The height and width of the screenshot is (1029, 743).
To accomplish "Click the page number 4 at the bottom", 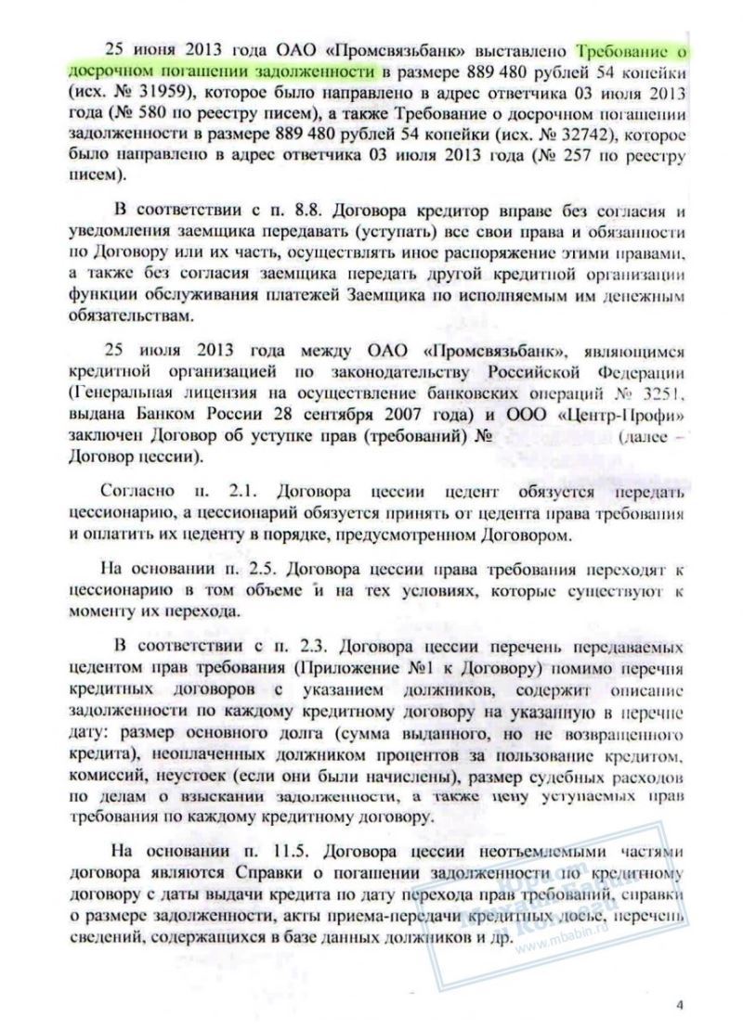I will [x=680, y=1002].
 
